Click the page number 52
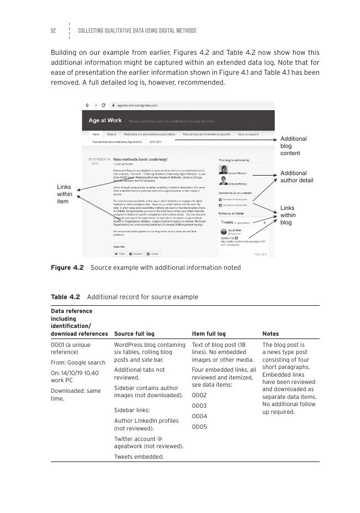tap(53, 30)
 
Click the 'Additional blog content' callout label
tap(293, 146)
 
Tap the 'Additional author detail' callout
tap(297, 177)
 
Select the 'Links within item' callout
tap(65, 194)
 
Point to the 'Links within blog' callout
tap(288, 215)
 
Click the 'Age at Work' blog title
tap(105, 120)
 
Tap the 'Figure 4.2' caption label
tap(67, 268)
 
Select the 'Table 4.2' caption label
tap(65, 297)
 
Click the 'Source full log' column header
tap(134, 334)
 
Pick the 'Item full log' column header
tap(209, 334)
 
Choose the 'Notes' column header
tap(271, 334)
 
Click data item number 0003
tap(199, 406)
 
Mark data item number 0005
tap(199, 427)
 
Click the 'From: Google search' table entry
tap(78, 362)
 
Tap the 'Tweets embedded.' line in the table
tap(138, 456)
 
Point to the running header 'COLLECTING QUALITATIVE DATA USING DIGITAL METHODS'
tap(137, 30)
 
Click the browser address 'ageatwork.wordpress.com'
tap(137, 105)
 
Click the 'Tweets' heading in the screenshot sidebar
tap(227, 222)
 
